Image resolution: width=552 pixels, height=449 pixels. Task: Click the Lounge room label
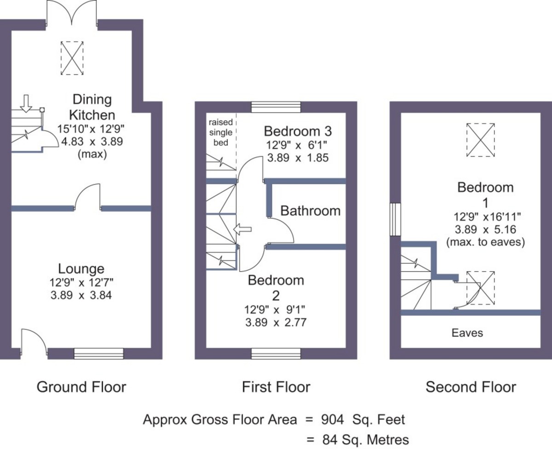click(x=81, y=269)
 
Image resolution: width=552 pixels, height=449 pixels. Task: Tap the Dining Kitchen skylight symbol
click(x=72, y=58)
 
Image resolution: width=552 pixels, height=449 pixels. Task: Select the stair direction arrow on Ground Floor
click(x=26, y=103)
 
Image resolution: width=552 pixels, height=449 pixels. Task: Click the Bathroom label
click(x=310, y=211)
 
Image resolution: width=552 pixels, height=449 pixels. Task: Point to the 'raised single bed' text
click(x=221, y=132)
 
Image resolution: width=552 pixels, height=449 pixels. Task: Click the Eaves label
click(x=467, y=333)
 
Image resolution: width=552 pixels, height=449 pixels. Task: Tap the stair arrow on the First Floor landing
click(x=242, y=229)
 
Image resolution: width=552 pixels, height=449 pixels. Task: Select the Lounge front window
click(x=99, y=353)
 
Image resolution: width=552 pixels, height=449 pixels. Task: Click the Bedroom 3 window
click(x=276, y=107)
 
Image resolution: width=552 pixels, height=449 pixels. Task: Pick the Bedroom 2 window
click(x=276, y=353)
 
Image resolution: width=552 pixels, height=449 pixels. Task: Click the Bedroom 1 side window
click(x=395, y=219)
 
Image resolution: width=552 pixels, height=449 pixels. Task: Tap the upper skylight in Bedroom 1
click(x=481, y=140)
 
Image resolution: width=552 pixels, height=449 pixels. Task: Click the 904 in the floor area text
click(x=333, y=419)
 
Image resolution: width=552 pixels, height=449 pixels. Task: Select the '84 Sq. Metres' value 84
click(x=330, y=439)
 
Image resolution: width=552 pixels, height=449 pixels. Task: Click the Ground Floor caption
click(x=81, y=387)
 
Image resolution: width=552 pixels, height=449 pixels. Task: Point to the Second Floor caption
click(x=471, y=387)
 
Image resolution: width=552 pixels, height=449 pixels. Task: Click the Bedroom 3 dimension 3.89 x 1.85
click(x=298, y=158)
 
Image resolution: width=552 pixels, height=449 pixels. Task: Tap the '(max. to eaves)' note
click(x=485, y=242)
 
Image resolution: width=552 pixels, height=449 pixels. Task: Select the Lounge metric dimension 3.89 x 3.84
click(x=81, y=295)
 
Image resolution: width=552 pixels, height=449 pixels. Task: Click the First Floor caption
click(x=276, y=387)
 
